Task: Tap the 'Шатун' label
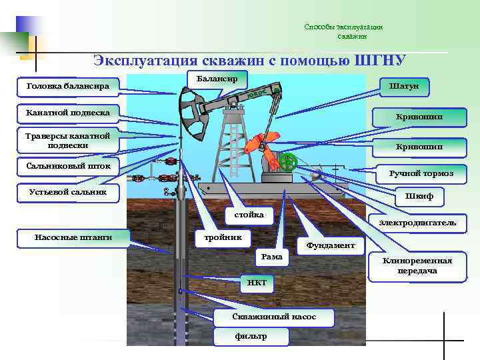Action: click(404, 87)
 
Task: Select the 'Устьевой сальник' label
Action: click(67, 193)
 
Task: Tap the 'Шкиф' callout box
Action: click(423, 197)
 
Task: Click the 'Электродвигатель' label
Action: click(417, 222)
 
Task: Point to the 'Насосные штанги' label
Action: click(73, 237)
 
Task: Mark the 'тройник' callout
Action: click(222, 237)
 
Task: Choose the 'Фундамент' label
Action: click(330, 245)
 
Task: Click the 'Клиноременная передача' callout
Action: click(417, 265)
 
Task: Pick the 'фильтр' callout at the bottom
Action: click(251, 336)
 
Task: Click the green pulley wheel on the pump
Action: click(288, 162)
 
